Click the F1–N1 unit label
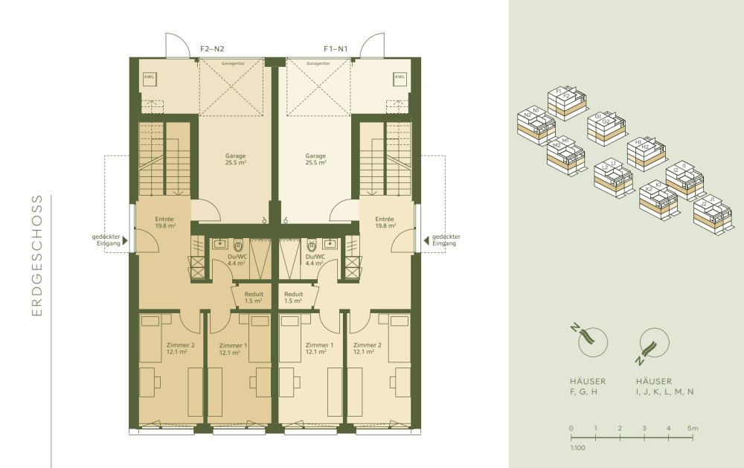[336, 49]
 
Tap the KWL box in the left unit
[149, 77]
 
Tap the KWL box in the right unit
[400, 77]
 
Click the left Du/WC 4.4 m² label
[237, 259]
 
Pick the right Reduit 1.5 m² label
[293, 297]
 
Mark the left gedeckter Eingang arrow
[125, 240]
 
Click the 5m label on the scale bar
[693, 429]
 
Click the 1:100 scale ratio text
[577, 449]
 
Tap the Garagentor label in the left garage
[232, 64]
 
